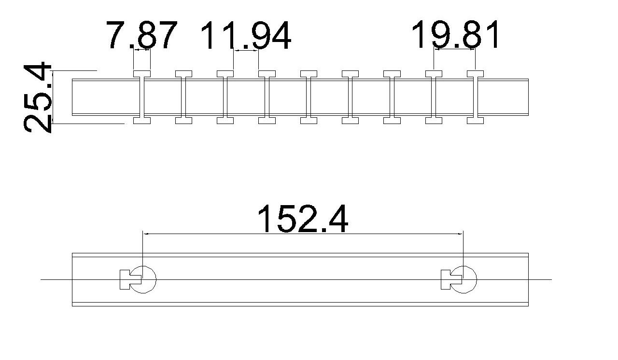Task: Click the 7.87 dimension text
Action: click(x=141, y=35)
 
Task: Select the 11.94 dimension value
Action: click(x=246, y=35)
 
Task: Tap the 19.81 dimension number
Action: click(x=455, y=34)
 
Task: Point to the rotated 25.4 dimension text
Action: click(x=38, y=97)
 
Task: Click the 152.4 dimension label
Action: click(x=303, y=219)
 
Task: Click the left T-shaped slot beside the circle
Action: click(x=130, y=280)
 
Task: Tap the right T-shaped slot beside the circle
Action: click(x=451, y=280)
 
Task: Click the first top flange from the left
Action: click(x=142, y=74)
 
